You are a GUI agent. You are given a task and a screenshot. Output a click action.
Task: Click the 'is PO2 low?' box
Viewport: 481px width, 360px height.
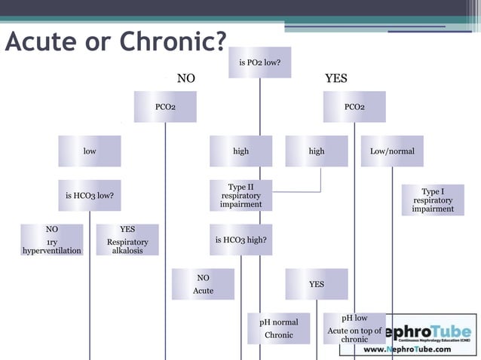[259, 63]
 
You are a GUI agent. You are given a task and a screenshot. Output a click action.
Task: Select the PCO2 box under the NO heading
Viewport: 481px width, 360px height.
[165, 107]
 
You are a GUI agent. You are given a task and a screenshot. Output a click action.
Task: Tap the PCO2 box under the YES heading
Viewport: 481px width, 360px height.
[354, 107]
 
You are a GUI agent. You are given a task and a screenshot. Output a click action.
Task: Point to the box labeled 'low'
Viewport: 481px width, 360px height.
[90, 151]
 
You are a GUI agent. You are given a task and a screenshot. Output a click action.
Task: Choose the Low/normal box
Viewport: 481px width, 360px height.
[392, 151]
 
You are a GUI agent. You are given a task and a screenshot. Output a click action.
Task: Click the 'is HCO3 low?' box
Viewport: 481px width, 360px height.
[90, 196]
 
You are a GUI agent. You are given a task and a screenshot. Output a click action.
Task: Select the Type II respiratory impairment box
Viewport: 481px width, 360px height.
[240, 196]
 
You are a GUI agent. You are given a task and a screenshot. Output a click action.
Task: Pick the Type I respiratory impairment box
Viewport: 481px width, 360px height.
[433, 200]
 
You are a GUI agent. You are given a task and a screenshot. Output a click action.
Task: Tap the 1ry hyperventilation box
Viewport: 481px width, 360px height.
[51, 239]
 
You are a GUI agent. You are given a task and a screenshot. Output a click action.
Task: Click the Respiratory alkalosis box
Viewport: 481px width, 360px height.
[127, 239]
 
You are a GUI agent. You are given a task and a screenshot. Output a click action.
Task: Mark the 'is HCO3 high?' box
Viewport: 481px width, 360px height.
[240, 240]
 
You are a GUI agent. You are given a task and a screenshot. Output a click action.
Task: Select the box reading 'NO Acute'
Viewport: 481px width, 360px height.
[203, 284]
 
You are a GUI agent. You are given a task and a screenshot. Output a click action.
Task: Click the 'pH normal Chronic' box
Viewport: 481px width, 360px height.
[278, 328]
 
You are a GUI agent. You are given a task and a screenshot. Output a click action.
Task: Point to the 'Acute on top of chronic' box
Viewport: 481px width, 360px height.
[354, 328]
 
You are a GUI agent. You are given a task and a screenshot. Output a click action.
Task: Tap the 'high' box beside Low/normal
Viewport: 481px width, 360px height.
[317, 151]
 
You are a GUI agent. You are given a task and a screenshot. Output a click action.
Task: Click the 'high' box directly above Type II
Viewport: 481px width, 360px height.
[240, 151]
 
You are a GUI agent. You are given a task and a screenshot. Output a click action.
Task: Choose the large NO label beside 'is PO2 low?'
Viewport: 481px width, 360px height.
[185, 78]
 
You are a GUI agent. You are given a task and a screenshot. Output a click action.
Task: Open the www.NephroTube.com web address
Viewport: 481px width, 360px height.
[408, 349]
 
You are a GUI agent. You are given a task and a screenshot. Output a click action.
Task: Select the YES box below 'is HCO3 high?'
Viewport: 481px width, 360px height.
[317, 284]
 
